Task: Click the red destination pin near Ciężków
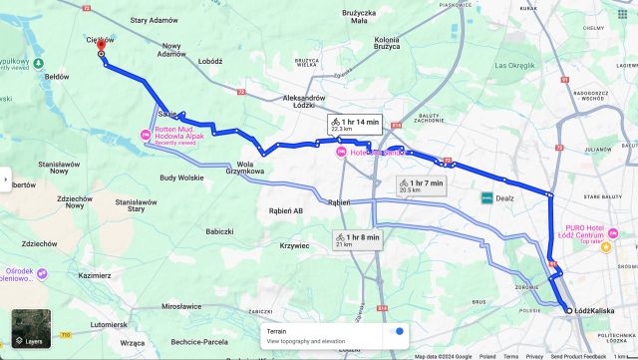click(101, 46)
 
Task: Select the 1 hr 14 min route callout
click(356, 125)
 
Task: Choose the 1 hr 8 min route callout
click(356, 239)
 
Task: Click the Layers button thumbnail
click(30, 329)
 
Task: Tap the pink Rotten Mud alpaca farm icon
click(146, 135)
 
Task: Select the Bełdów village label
click(56, 76)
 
